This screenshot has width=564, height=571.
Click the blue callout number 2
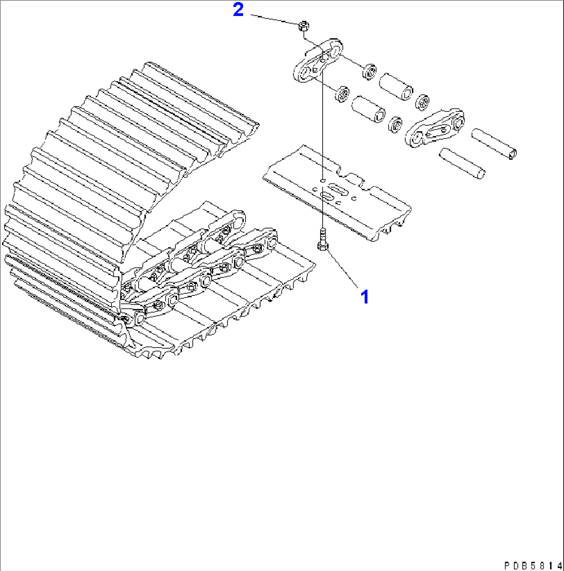(238, 10)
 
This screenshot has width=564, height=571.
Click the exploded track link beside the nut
(318, 62)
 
